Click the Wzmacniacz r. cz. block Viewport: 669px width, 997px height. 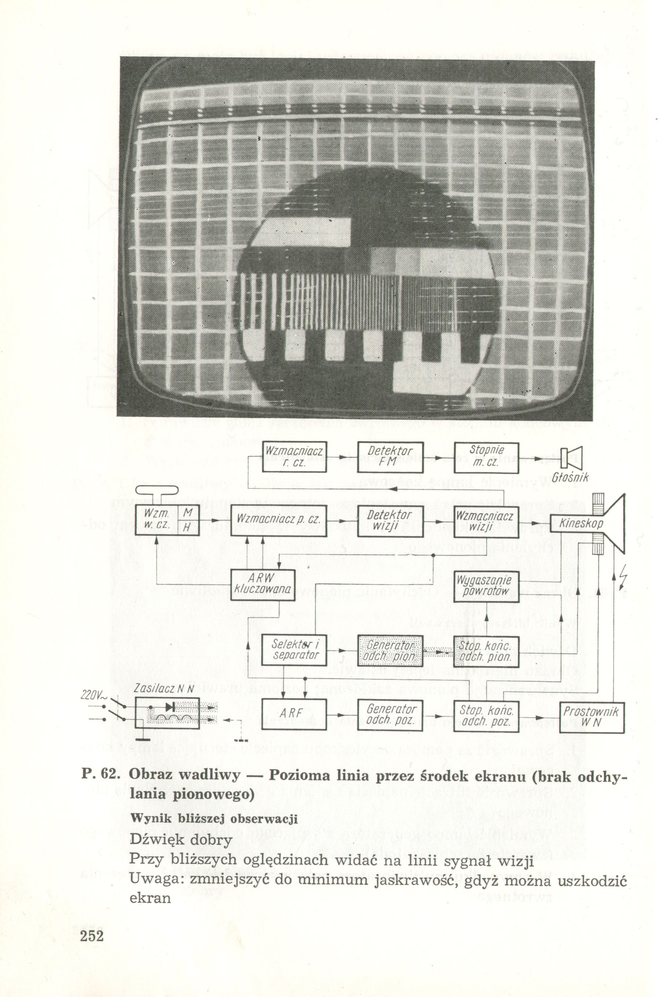pyautogui.click(x=294, y=457)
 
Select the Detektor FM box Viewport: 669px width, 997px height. pyautogui.click(x=390, y=457)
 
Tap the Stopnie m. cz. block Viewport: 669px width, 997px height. pyautogui.click(x=486, y=457)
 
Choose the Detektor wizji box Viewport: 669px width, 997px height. pyautogui.click(x=390, y=520)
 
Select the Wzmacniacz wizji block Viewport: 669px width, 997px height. pyautogui.click(x=486, y=520)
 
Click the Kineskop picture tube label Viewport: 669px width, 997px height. pyautogui.click(x=581, y=523)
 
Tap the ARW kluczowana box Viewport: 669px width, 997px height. pyautogui.click(x=263, y=585)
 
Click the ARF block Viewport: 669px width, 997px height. pyautogui.click(x=294, y=716)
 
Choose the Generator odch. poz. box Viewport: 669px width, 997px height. pyautogui.click(x=390, y=716)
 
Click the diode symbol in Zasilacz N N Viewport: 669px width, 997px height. pyautogui.click(x=170, y=707)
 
